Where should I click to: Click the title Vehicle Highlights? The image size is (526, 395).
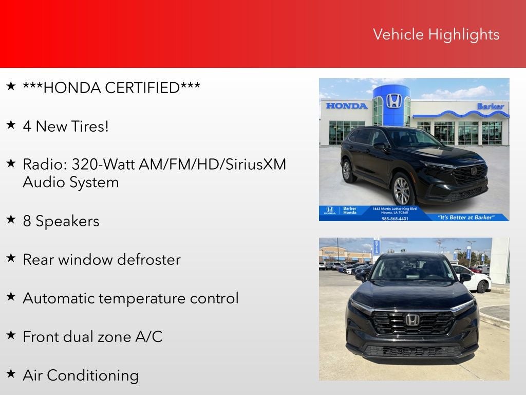pyautogui.click(x=436, y=34)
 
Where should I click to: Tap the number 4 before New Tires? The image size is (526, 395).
pyautogui.click(x=27, y=127)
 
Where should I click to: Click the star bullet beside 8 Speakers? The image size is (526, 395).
pyautogui.click(x=11, y=219)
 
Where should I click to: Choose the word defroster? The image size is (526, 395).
pyautogui.click(x=149, y=260)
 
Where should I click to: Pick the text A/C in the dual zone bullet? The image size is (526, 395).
pyautogui.click(x=148, y=337)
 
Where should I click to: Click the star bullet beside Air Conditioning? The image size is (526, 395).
pyautogui.click(x=11, y=373)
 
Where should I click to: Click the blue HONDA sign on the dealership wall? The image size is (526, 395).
pyautogui.click(x=347, y=106)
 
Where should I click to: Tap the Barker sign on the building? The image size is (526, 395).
pyautogui.click(x=491, y=106)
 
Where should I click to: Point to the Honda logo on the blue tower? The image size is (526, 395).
pyautogui.click(x=393, y=100)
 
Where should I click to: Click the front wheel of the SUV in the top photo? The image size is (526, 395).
pyautogui.click(x=402, y=190)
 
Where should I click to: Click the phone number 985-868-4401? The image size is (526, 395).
pyautogui.click(x=395, y=219)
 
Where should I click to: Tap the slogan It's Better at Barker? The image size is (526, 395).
pyautogui.click(x=466, y=217)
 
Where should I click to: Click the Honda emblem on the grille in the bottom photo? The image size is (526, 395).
pyautogui.click(x=412, y=319)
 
